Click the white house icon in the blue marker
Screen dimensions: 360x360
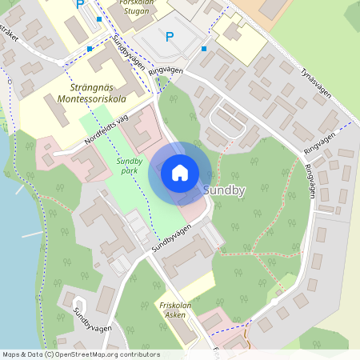[180, 172]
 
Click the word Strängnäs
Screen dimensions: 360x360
[83, 86]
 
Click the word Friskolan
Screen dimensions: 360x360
[174, 305]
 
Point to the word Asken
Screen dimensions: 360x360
[175, 315]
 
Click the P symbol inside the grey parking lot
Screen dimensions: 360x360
[169, 36]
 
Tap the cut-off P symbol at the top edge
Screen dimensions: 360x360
[79, 4]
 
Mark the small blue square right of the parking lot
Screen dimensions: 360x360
[204, 49]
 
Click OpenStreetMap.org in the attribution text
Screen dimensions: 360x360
[86, 354]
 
